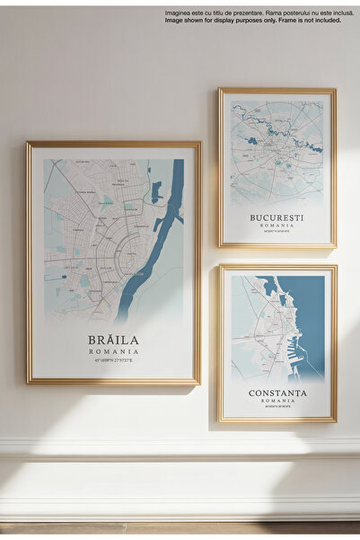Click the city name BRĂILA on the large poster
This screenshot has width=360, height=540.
[x=113, y=341]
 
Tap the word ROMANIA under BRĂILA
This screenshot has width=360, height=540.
[x=113, y=351]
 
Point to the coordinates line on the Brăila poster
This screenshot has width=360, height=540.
[x=113, y=361]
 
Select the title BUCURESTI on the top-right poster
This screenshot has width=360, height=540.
[x=277, y=217]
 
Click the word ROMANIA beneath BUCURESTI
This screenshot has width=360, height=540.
[x=277, y=226]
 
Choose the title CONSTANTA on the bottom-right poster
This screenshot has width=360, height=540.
[x=277, y=394]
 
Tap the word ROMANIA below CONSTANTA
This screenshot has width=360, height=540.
[x=277, y=403]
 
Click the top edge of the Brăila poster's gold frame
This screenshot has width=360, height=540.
[x=113, y=144]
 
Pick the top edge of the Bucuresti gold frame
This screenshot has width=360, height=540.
[x=277, y=91]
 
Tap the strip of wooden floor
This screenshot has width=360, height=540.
[x=180, y=529]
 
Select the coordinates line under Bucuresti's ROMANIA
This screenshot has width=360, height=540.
[x=277, y=233]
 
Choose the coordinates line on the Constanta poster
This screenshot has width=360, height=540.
[x=277, y=409]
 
